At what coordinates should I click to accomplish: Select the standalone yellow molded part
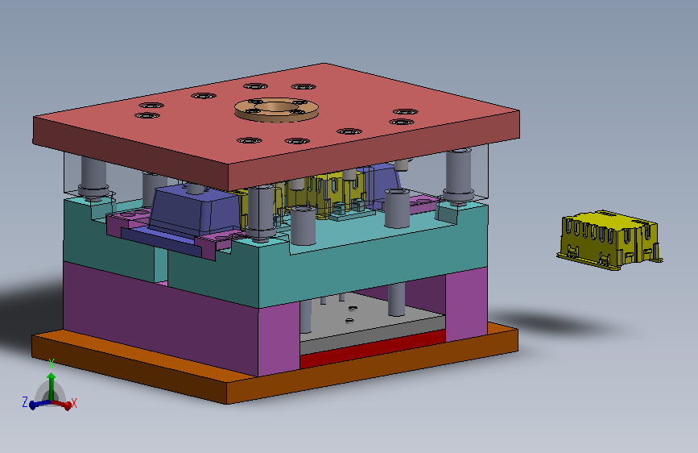609,239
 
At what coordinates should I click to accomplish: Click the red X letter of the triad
74,404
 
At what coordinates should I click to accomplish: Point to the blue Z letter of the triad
25,401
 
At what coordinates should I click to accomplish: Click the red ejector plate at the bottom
373,349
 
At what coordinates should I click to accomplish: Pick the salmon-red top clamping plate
276,125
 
